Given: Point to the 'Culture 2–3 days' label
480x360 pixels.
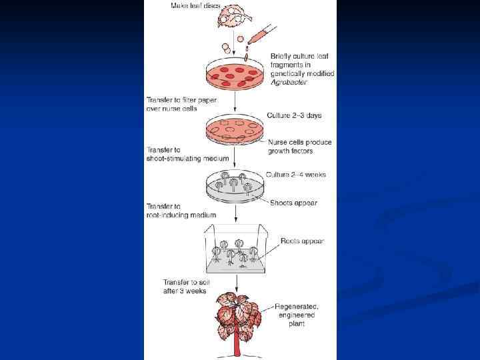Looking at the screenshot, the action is tap(293, 115).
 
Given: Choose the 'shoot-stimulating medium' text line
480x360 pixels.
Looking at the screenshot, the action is tap(187, 158).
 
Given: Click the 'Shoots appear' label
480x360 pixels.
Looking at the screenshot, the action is tap(294, 203).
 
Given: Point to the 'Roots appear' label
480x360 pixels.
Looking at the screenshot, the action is tap(302, 241).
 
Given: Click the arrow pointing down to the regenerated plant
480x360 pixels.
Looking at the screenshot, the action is tap(237, 282).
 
